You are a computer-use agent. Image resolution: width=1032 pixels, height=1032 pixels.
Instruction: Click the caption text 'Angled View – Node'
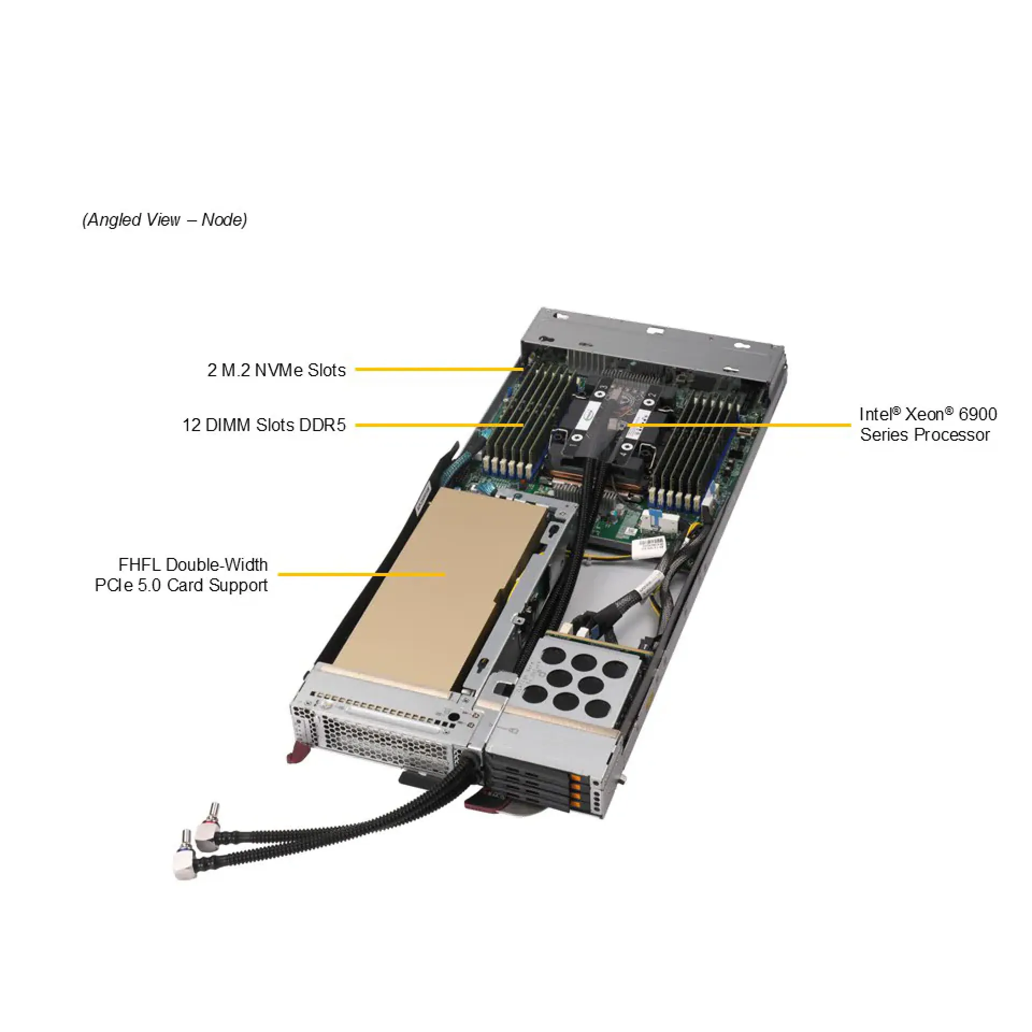pos(164,220)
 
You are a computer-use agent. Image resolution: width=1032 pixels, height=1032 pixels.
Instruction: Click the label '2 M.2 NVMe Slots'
pos(276,370)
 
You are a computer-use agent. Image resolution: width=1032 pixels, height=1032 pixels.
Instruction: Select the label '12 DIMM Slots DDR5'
pos(264,425)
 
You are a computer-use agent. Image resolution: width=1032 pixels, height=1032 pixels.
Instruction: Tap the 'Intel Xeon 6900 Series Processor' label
pos(928,424)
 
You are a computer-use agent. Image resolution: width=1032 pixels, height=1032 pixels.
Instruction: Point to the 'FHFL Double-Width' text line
pos(193,565)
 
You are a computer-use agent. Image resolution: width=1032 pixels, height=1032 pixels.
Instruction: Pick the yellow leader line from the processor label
pos(742,425)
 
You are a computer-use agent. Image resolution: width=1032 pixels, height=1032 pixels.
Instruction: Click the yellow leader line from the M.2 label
pos(438,369)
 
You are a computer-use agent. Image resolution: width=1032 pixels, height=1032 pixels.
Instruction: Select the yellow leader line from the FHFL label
pos(360,574)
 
